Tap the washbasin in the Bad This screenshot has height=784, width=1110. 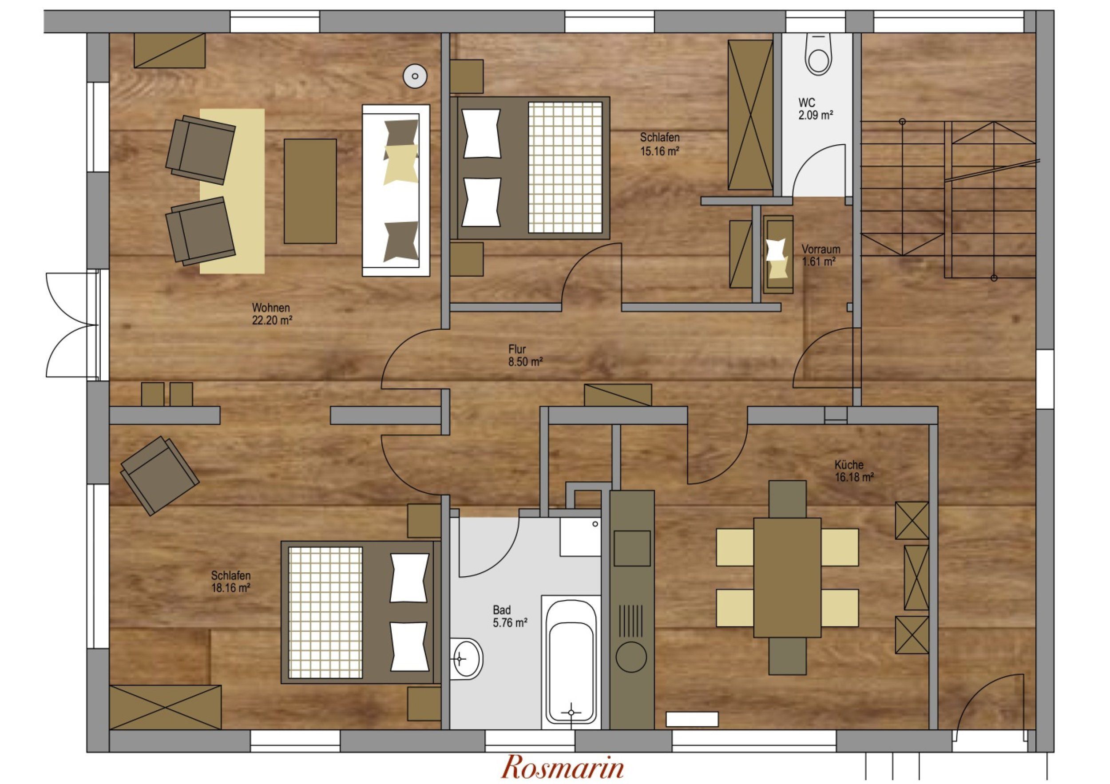467,659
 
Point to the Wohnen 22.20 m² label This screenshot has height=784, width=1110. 272,314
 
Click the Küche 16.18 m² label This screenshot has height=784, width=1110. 854,471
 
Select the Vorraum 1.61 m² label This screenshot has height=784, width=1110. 821,255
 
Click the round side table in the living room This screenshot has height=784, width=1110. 415,76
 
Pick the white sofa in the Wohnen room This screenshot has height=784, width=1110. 396,190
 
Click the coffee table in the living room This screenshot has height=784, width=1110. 310,191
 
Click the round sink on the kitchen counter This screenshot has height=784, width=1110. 631,657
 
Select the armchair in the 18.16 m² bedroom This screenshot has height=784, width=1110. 159,475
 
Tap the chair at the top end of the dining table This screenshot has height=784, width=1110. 788,499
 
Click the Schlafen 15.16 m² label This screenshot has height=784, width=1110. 660,144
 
